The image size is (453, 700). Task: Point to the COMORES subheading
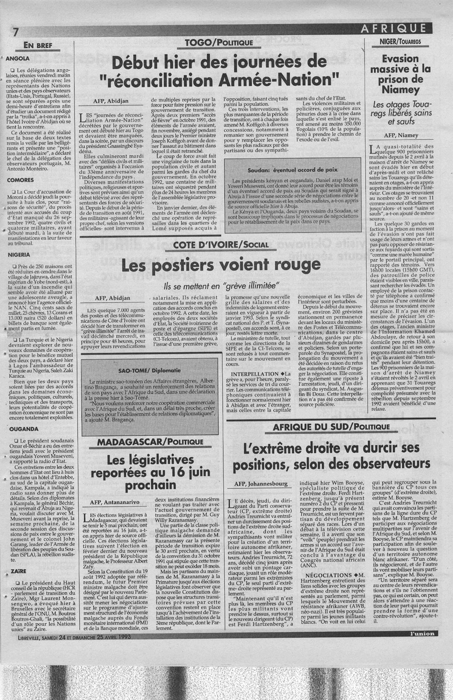point(21,179)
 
